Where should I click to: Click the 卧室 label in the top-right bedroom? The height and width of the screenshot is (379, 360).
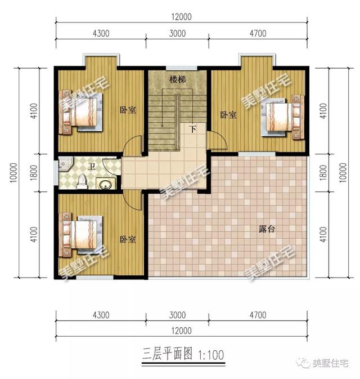(228, 115)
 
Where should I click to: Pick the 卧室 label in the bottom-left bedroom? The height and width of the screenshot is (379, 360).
(128, 239)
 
